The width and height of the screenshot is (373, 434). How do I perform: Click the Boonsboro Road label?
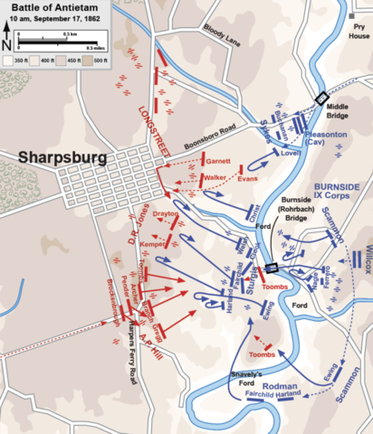[x=215, y=135]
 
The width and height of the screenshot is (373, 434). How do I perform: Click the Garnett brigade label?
[x=218, y=161]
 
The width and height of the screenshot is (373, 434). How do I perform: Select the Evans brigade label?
[x=247, y=179]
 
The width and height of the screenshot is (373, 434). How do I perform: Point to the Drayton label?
[x=166, y=213]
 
